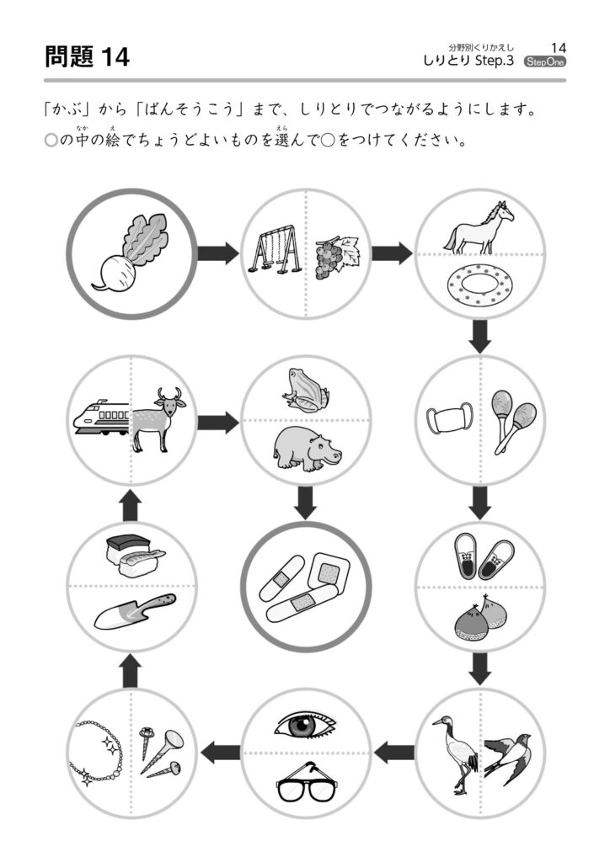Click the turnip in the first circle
pyautogui.click(x=131, y=251)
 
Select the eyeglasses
pyautogui.click(x=306, y=785)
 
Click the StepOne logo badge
pyautogui.click(x=545, y=61)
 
